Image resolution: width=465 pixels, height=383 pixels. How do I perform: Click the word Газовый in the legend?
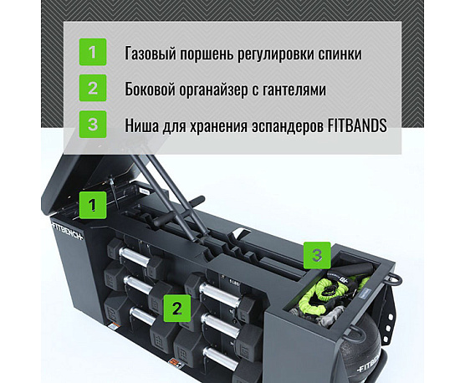(150, 54)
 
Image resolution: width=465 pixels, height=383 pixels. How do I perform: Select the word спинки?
(339, 54)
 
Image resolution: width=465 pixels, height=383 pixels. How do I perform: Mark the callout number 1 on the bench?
(93, 202)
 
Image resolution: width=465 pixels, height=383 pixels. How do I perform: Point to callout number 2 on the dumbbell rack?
(176, 307)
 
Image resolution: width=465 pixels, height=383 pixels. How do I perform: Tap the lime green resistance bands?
(320, 294)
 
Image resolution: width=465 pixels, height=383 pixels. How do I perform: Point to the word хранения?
(221, 125)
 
